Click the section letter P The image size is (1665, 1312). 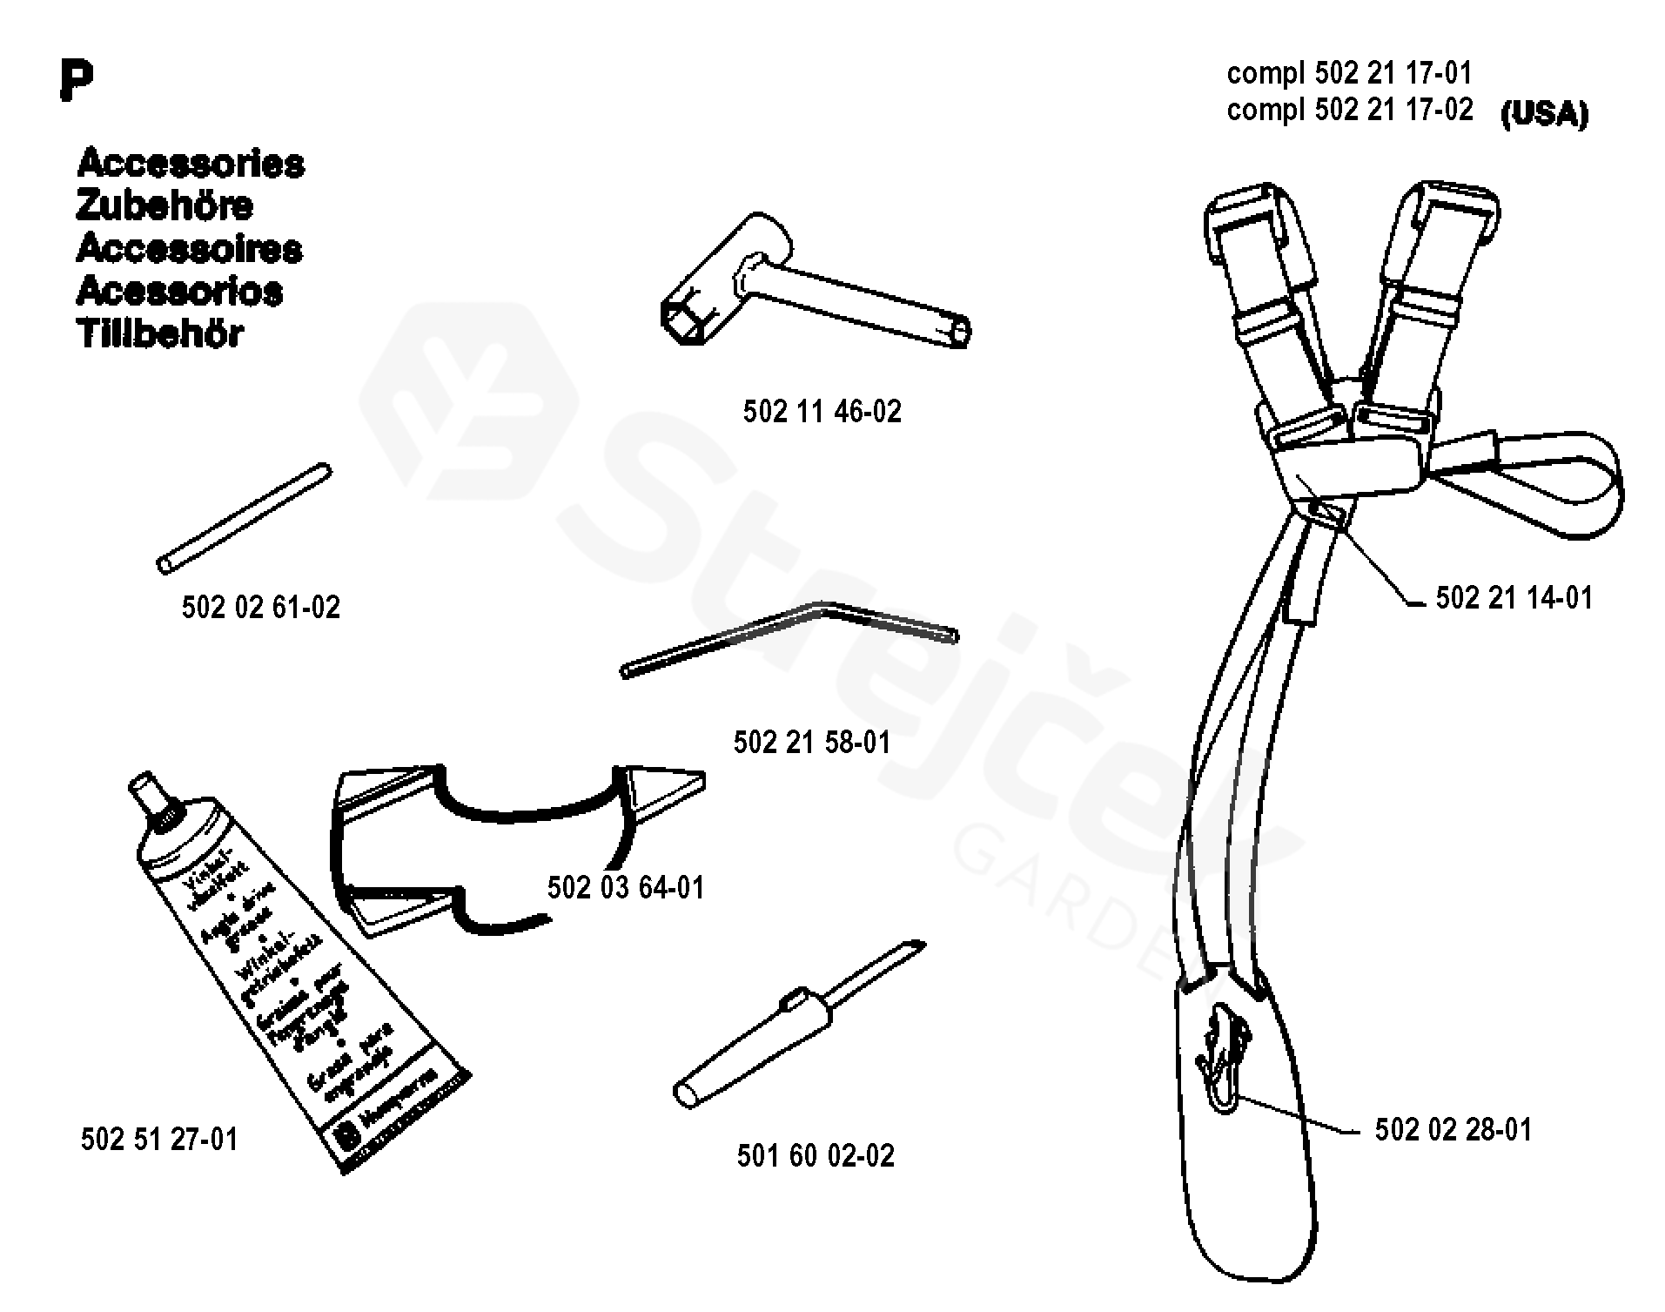[77, 82]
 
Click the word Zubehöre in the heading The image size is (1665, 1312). [164, 206]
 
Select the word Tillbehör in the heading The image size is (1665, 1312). [160, 333]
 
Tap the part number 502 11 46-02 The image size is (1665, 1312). [822, 411]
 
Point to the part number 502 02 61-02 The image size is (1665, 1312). [260, 607]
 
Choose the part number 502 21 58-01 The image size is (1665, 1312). [812, 742]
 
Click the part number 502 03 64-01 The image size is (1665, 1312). [625, 887]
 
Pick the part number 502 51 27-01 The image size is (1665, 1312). [158, 1139]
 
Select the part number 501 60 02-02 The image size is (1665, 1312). [816, 1155]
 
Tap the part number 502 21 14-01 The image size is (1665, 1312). [1514, 597]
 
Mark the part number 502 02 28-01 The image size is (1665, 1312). [1453, 1129]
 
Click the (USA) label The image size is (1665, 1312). [1544, 114]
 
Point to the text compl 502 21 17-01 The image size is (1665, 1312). [1349, 72]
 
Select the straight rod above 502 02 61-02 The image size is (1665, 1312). [245, 518]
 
